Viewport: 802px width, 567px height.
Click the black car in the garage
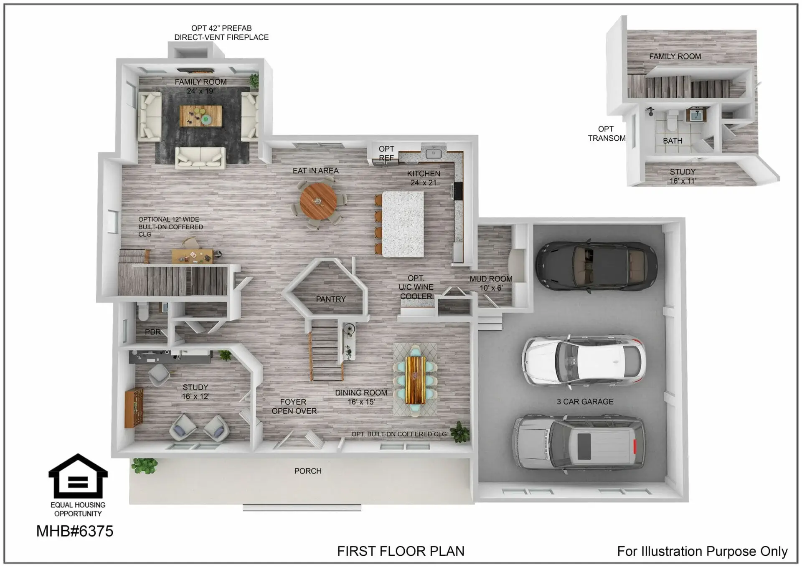596,266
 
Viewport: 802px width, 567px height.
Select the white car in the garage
584,360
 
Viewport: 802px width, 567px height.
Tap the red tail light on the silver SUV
635,446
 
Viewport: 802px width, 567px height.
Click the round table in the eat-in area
318,201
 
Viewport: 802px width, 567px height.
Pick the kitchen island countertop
403,224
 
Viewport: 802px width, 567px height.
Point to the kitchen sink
433,154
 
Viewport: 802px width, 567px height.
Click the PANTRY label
331,299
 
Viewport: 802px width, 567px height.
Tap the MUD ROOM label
491,279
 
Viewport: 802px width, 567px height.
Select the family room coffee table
201,116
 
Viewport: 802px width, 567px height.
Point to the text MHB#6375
75,531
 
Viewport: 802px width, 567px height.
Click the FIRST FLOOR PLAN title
401,551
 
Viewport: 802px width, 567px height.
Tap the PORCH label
308,471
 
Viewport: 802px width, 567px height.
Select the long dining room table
415,380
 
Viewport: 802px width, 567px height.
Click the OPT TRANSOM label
607,134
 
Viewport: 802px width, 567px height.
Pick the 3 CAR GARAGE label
585,402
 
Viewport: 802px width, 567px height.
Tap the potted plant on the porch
145,465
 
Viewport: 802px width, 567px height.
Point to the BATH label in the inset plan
673,141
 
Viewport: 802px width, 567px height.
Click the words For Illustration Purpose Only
702,552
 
